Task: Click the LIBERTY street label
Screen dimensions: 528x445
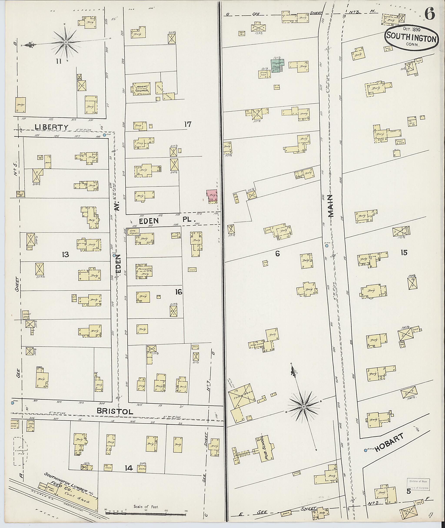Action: pos(52,127)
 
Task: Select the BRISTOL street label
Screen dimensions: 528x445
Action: pos(115,411)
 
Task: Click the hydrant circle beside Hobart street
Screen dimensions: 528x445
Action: pos(365,450)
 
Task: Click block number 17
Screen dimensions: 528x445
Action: pos(188,124)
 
